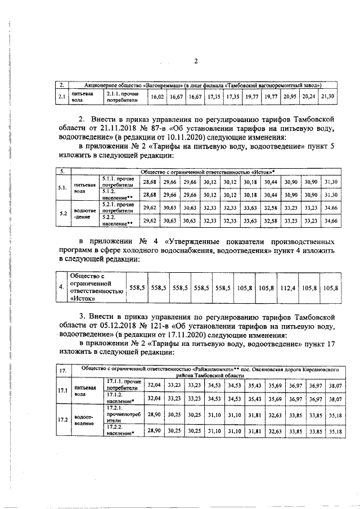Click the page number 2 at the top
195,61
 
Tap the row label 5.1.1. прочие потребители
118,182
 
